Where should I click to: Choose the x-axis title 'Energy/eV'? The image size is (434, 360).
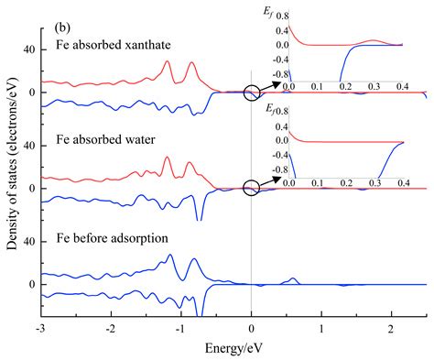coord(233,350)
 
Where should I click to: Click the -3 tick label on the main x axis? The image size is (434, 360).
coord(39,328)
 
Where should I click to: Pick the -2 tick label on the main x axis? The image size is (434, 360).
coord(110,328)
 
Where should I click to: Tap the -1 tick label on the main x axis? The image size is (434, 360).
coord(180,328)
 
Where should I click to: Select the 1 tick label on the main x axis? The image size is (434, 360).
coord(321,328)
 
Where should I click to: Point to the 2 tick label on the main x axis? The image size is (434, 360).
coord(392,328)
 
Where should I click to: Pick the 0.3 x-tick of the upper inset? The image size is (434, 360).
coord(373,86)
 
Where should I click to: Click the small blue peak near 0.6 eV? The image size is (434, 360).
coord(293,279)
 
